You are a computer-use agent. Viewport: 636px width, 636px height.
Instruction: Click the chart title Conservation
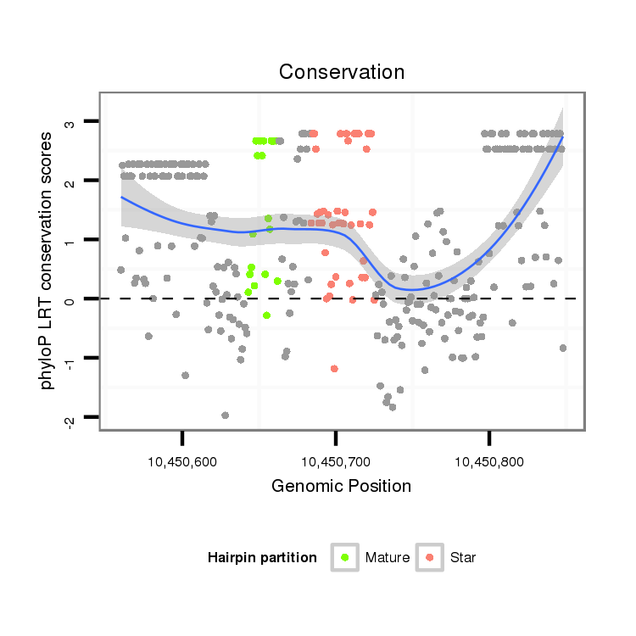point(341,72)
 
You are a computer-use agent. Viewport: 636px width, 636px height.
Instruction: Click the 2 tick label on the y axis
point(71,181)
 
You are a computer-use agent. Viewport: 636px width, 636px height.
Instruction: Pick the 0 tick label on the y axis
point(71,299)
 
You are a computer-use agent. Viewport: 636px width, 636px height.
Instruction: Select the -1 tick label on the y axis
point(71,358)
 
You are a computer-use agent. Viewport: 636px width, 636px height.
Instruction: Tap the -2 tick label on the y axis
point(71,417)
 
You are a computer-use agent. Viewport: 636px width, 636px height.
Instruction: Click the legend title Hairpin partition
point(262,558)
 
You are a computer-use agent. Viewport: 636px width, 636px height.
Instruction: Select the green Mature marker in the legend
point(344,557)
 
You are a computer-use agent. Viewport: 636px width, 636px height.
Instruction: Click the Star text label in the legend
point(463,558)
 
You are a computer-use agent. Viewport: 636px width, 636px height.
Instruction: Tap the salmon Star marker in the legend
point(430,557)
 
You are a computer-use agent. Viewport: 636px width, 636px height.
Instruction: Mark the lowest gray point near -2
point(225,416)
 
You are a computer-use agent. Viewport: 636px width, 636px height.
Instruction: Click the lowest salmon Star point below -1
point(334,368)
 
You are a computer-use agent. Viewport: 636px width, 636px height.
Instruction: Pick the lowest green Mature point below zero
point(266,315)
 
